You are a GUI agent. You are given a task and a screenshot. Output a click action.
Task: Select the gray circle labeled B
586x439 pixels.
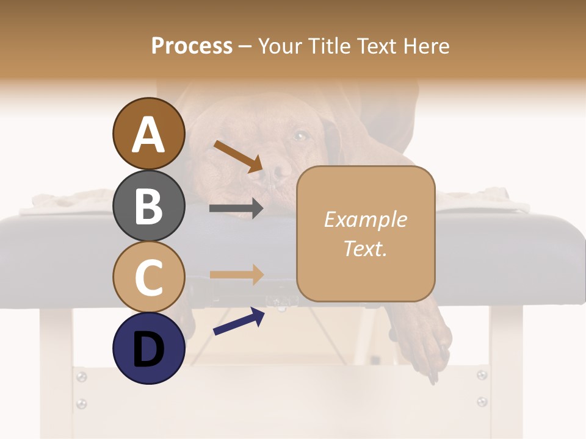(x=148, y=206)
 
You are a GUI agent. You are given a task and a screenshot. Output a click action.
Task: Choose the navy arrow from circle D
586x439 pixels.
(x=239, y=321)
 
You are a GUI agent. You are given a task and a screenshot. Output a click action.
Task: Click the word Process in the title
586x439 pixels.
(x=192, y=46)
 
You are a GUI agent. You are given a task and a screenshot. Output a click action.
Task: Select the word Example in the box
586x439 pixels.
(x=365, y=220)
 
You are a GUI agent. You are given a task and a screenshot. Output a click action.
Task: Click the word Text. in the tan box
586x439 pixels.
(x=365, y=249)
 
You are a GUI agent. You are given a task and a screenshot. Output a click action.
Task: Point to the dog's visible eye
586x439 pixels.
(x=300, y=135)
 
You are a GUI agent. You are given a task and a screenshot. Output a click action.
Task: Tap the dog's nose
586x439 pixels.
(x=280, y=172)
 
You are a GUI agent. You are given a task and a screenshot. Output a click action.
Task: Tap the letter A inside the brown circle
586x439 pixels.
(x=148, y=135)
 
